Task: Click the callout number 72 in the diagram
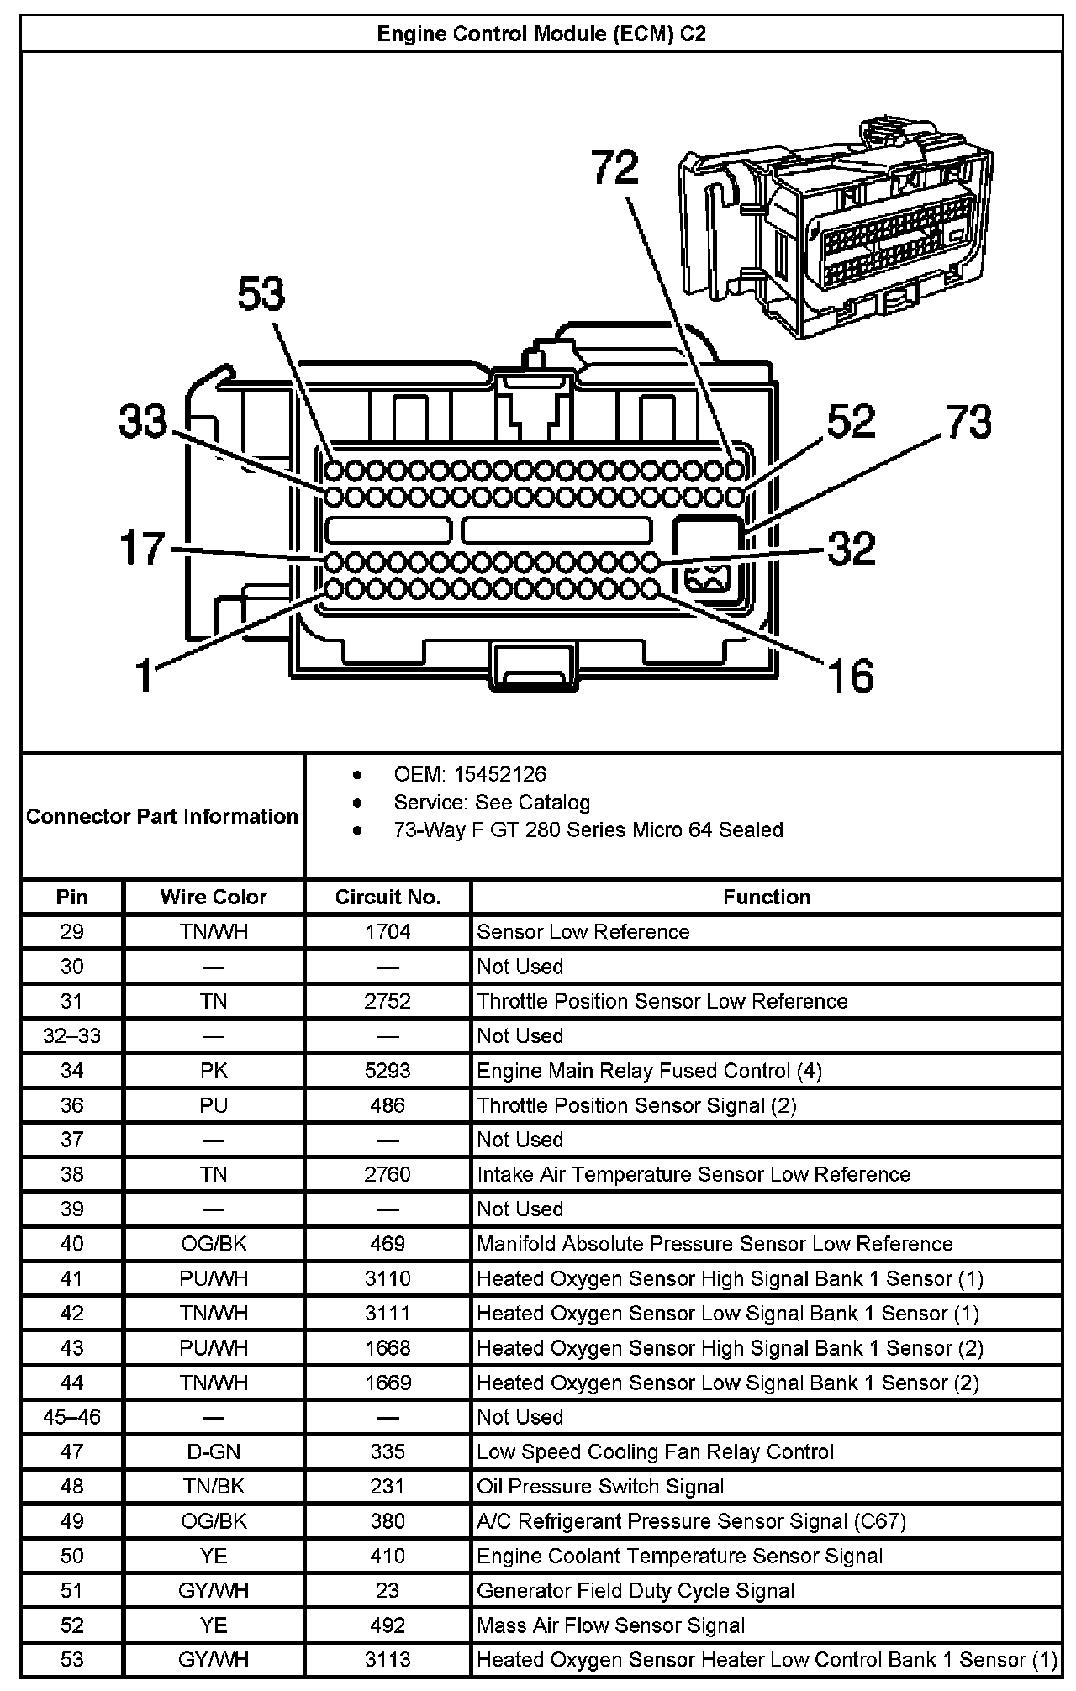click(x=615, y=167)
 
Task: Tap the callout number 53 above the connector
click(x=261, y=294)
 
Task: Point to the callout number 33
click(x=143, y=421)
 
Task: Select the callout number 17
click(x=142, y=549)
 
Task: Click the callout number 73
click(x=968, y=422)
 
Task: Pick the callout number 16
click(x=851, y=676)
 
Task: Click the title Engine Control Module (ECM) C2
click(x=541, y=34)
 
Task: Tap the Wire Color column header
click(x=214, y=897)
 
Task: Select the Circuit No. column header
click(x=388, y=897)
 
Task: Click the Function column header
click(x=766, y=897)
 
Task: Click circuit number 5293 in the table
click(x=388, y=1071)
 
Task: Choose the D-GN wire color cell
click(x=214, y=1451)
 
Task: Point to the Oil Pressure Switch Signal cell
click(x=600, y=1486)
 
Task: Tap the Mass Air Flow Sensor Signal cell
click(x=610, y=1625)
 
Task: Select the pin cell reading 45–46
click(x=72, y=1417)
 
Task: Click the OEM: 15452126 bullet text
click(x=469, y=774)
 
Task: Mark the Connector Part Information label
click(x=162, y=816)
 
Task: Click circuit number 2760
click(x=388, y=1174)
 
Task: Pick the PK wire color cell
click(x=214, y=1071)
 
